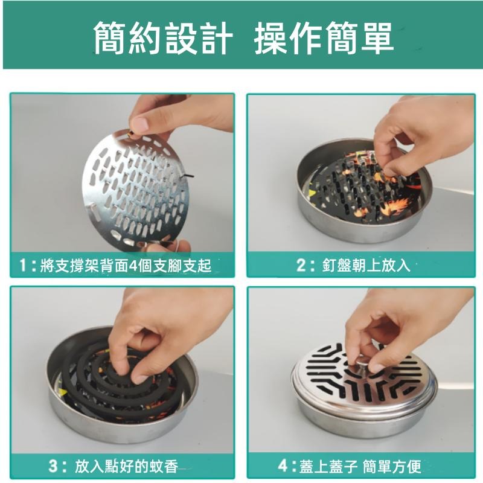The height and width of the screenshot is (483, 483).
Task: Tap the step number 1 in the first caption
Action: pos(24,265)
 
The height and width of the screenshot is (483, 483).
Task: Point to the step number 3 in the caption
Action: pos(55,465)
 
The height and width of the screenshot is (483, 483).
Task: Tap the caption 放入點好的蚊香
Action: pos(126,465)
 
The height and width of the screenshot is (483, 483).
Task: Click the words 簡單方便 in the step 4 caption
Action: pos(395,465)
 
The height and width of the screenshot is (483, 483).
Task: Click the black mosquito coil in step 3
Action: pos(106,374)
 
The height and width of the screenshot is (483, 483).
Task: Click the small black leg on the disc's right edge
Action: pos(189,175)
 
